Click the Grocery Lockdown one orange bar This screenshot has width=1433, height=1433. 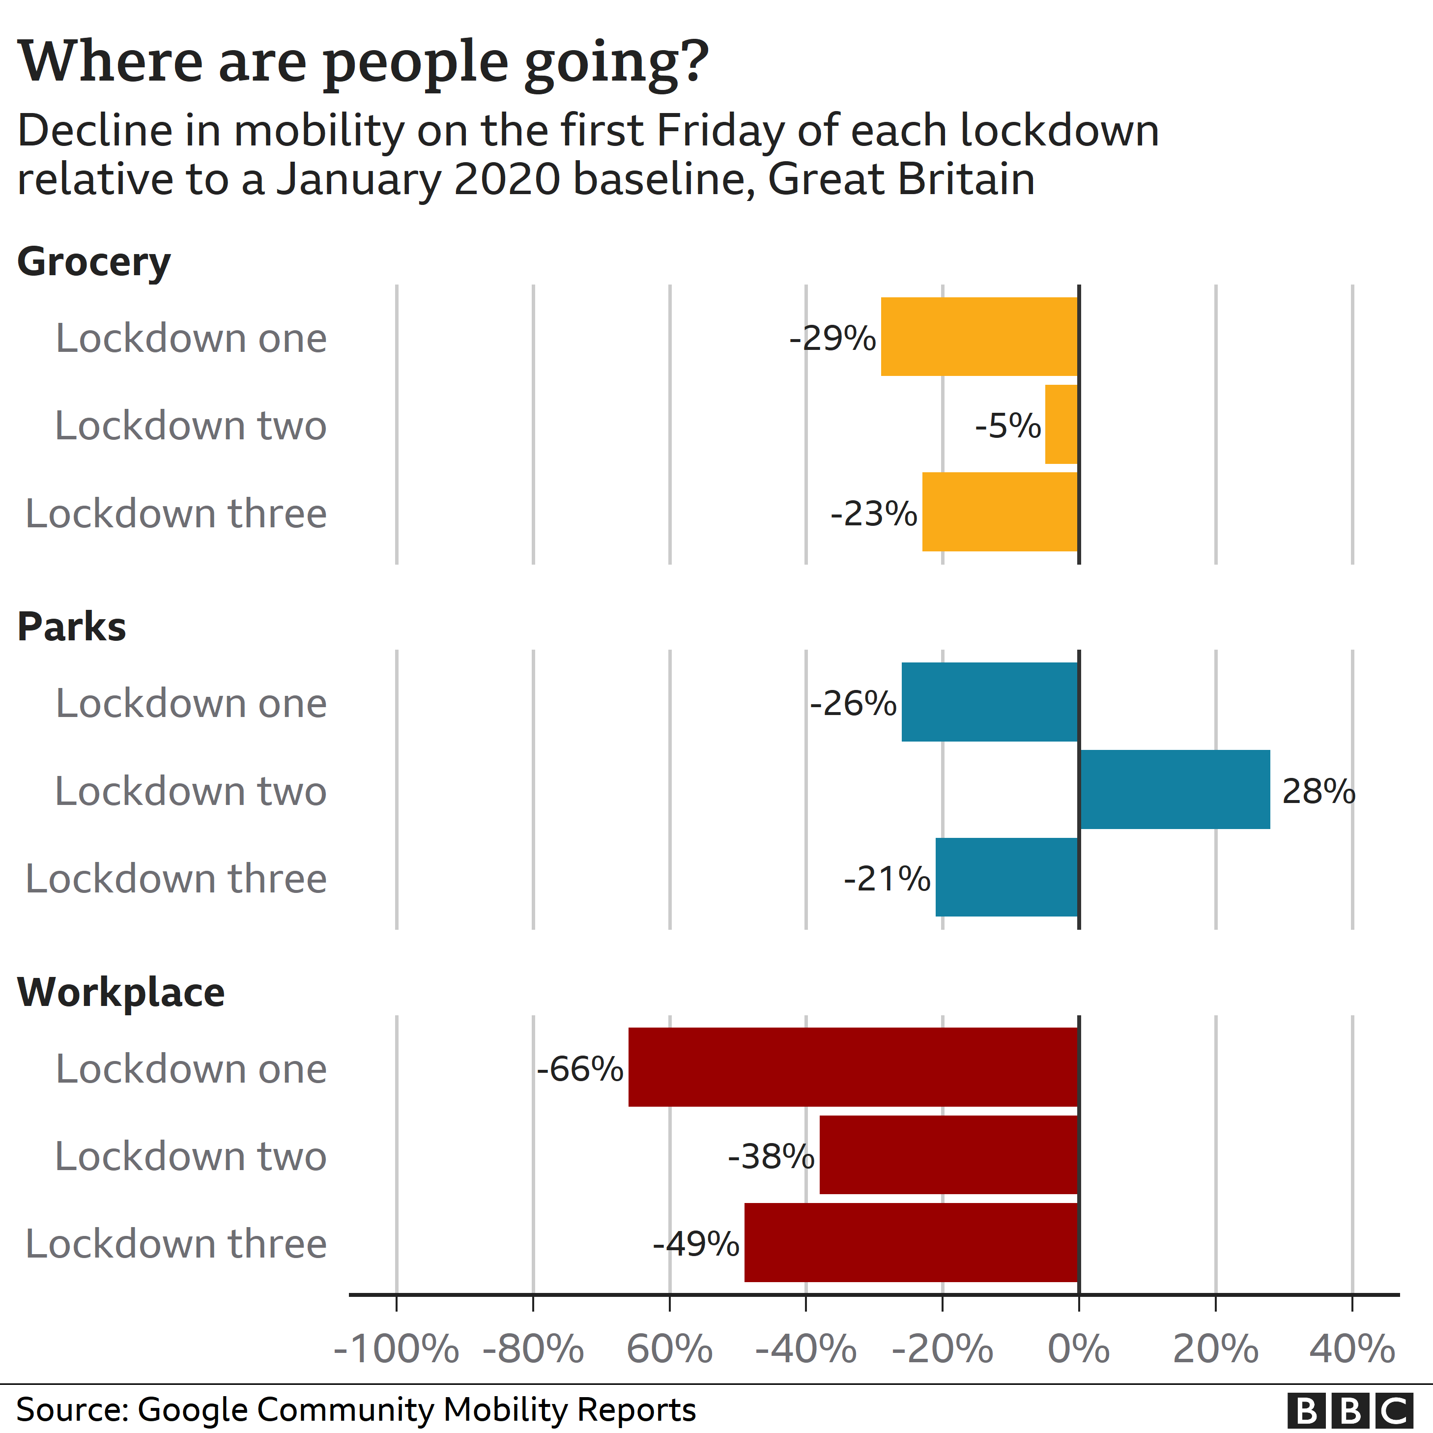[979, 337]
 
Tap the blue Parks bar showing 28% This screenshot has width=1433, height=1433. [1175, 789]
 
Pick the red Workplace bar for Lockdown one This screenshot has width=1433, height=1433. [853, 1066]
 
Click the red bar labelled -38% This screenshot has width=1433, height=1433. [948, 1154]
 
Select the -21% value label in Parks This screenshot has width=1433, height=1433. [887, 878]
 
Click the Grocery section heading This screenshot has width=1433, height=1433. [94, 262]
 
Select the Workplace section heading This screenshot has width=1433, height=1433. [121, 992]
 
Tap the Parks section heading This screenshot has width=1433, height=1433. [72, 627]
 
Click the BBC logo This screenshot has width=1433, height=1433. [1350, 1409]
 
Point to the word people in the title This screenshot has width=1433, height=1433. [415, 63]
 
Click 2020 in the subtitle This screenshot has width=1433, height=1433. [507, 179]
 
